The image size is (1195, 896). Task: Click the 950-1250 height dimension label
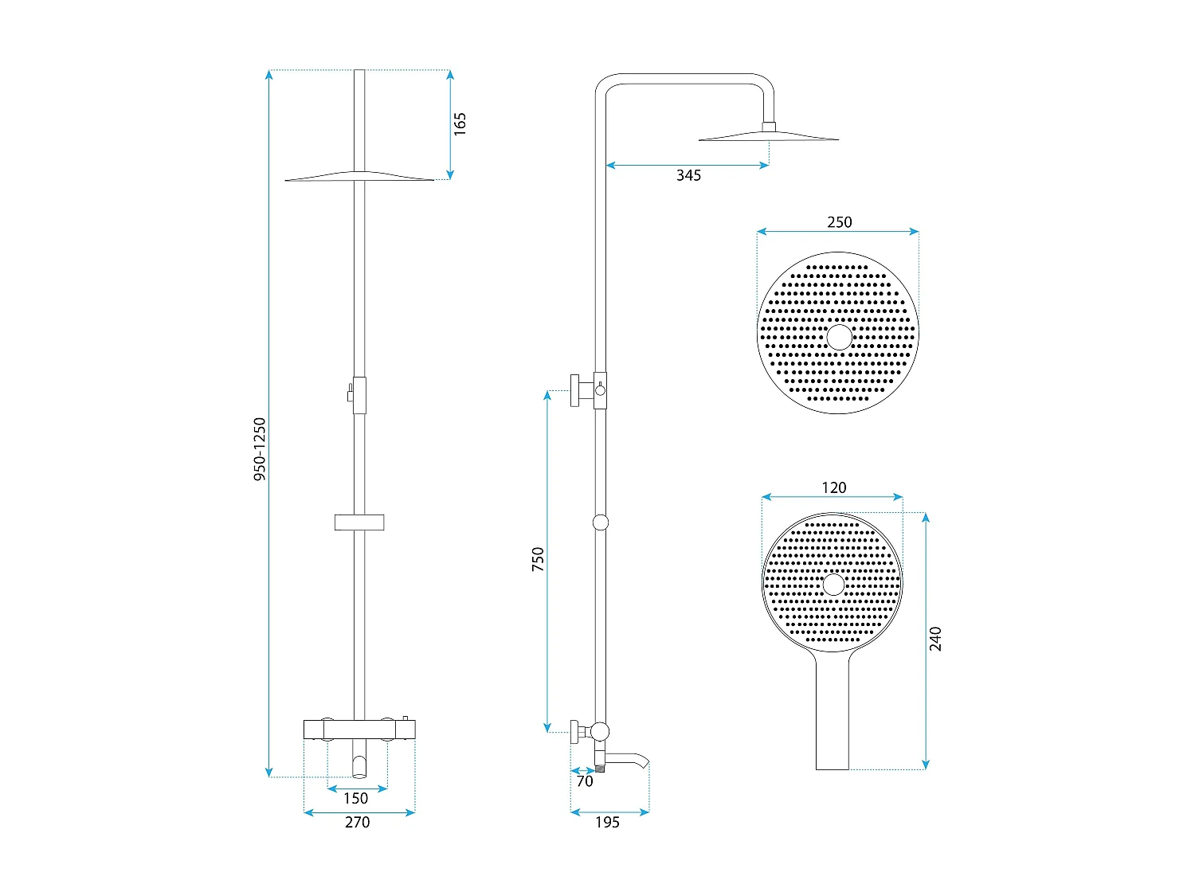pyautogui.click(x=260, y=449)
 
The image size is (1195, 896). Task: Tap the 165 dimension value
pyautogui.click(x=460, y=124)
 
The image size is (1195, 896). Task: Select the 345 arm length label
pyautogui.click(x=688, y=175)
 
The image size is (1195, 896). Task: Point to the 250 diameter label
pyautogui.click(x=840, y=222)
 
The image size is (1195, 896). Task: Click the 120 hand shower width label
pyautogui.click(x=834, y=487)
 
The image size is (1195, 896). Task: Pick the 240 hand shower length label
pyautogui.click(x=935, y=639)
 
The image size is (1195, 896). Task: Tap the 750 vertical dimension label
pyautogui.click(x=538, y=559)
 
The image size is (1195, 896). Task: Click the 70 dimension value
pyautogui.click(x=585, y=781)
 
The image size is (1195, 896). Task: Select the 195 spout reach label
pyautogui.click(x=608, y=822)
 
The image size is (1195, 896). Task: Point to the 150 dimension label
pyautogui.click(x=356, y=798)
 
